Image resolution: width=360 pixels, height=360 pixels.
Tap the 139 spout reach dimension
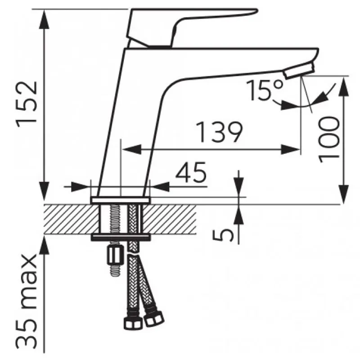point(219,132)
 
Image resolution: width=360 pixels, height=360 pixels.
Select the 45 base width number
point(191,172)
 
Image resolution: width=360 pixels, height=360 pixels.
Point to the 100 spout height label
point(329,139)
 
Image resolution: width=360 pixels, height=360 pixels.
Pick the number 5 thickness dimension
point(223,235)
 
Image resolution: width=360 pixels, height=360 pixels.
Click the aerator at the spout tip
point(298,71)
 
